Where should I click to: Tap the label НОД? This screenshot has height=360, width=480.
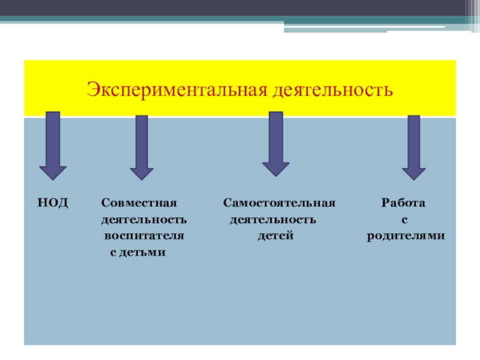tap(53, 203)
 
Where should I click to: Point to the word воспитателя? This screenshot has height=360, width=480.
tap(144, 236)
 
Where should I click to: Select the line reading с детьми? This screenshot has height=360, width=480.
tap(137, 253)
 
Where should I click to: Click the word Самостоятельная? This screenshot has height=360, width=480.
tap(280, 203)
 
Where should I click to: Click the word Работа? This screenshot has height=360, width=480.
tap(404, 203)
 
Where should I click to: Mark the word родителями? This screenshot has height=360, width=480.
tap(406, 236)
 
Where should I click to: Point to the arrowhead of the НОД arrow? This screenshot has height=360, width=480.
tap(53, 172)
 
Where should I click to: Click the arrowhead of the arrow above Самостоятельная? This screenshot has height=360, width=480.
tap(276, 169)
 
